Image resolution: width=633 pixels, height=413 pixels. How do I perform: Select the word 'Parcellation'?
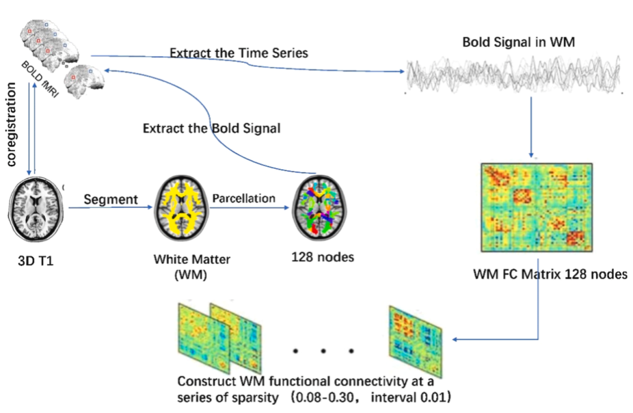(243, 198)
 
